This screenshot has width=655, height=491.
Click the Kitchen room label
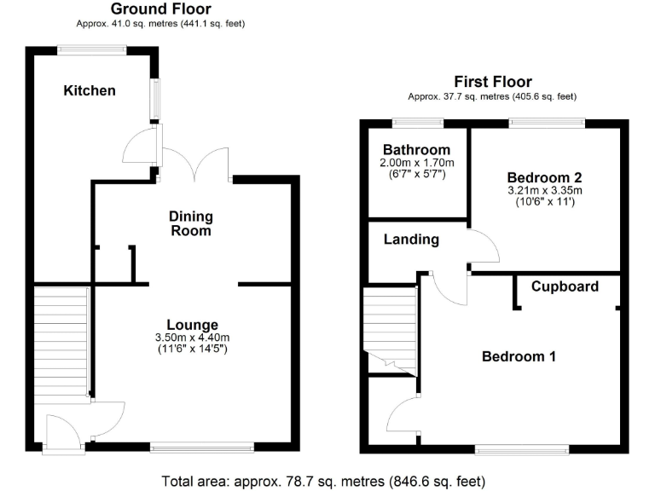(x=90, y=90)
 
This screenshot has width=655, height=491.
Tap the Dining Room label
(x=191, y=223)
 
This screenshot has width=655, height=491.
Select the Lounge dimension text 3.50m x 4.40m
(x=192, y=338)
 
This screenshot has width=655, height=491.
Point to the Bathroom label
(x=416, y=150)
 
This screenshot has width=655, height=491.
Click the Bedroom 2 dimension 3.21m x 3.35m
(x=545, y=190)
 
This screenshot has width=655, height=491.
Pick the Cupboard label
(x=565, y=286)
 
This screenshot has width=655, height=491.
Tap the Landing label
(x=411, y=240)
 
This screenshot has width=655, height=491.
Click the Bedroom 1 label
(x=519, y=356)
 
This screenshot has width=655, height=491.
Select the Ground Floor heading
(x=161, y=9)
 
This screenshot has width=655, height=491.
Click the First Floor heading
(x=493, y=82)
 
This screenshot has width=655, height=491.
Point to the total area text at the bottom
(x=323, y=482)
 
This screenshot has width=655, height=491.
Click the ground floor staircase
(x=61, y=343)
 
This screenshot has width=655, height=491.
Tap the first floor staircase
(x=390, y=331)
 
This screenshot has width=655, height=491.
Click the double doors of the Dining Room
(x=194, y=164)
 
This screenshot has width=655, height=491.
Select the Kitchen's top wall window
(x=92, y=50)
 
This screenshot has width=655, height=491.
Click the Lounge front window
(x=202, y=448)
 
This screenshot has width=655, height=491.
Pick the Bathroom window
(x=418, y=123)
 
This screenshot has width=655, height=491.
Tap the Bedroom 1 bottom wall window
(x=522, y=449)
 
